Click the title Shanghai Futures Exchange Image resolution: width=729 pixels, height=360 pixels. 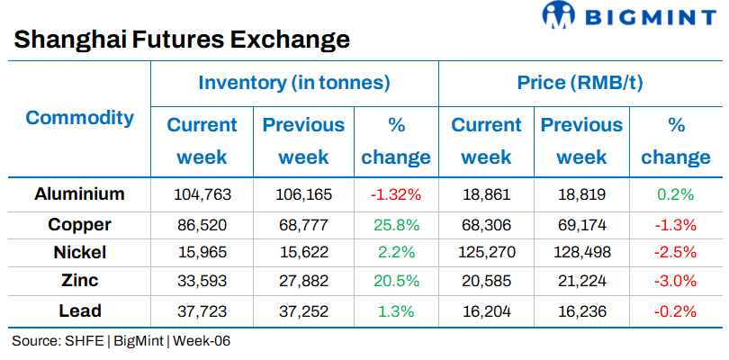point(181,40)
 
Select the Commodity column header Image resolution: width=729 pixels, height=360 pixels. point(79,118)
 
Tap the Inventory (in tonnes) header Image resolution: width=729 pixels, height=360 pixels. point(293,84)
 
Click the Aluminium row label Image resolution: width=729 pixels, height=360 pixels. point(79,193)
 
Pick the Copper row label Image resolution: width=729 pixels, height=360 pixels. point(79,223)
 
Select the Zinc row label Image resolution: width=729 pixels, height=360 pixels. point(79,281)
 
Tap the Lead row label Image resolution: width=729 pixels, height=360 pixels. point(79,310)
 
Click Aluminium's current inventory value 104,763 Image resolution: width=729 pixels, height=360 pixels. point(202,193)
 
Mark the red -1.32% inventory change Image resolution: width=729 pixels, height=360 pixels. point(396,193)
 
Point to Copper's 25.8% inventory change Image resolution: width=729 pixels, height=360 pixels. point(396,223)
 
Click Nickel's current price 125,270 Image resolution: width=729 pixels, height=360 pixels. point(486,252)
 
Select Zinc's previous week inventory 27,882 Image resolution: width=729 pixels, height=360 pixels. point(303,281)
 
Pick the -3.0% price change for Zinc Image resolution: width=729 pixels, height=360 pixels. point(676,281)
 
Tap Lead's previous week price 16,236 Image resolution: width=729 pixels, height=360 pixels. point(581,310)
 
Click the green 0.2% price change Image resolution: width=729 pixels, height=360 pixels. point(676,193)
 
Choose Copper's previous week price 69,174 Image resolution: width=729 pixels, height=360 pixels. point(581,223)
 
